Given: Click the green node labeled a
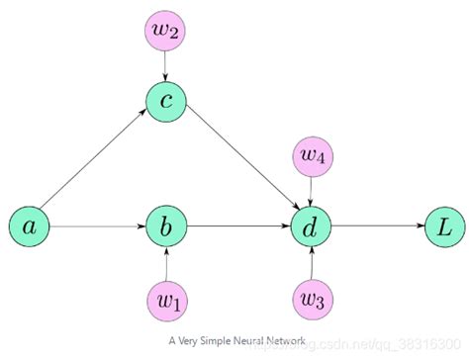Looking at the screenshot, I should (30, 227).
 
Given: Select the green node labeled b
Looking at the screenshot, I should (166, 227).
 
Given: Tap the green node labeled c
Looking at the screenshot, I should (166, 101).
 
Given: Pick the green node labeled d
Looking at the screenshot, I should (311, 227).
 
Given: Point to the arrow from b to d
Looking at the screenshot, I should (237, 227).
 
